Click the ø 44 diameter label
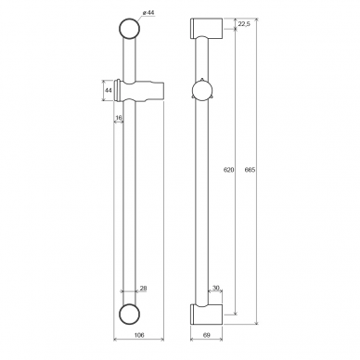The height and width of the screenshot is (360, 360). click(148, 13)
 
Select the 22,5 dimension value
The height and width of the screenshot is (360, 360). click(244, 24)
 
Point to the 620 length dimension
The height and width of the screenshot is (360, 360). click(229, 170)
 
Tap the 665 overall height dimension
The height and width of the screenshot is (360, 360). click(250, 170)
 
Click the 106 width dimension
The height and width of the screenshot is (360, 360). click(139, 335)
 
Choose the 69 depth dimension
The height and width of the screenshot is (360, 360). click(207, 335)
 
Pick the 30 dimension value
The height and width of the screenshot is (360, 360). click(216, 288)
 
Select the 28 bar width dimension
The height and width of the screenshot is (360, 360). click(143, 289)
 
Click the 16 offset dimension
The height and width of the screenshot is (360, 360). click(119, 118)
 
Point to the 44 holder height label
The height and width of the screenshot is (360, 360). click(108, 90)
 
